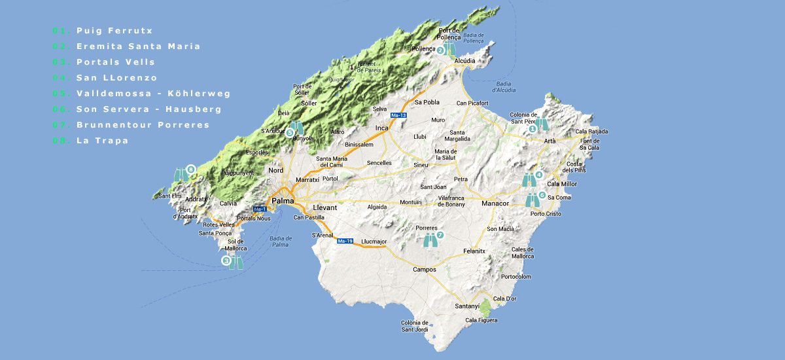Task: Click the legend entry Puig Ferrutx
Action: click(x=114, y=31)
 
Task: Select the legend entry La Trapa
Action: click(x=102, y=141)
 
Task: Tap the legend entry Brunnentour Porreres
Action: click(x=143, y=125)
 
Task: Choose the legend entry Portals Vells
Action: click(x=115, y=62)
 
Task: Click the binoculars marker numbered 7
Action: click(x=431, y=240)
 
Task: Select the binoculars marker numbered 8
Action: click(x=182, y=174)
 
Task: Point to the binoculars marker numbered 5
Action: click(x=298, y=127)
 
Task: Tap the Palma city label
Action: click(x=283, y=201)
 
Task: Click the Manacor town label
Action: click(x=495, y=204)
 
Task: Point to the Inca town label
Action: click(x=382, y=128)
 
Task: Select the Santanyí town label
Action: click(x=468, y=306)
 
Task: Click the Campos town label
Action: click(x=425, y=270)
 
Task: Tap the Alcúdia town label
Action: click(x=464, y=60)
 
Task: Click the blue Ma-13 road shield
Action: click(x=398, y=115)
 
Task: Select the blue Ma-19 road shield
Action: click(x=345, y=241)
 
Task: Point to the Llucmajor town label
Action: click(x=374, y=242)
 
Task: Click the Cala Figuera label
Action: click(x=481, y=320)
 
